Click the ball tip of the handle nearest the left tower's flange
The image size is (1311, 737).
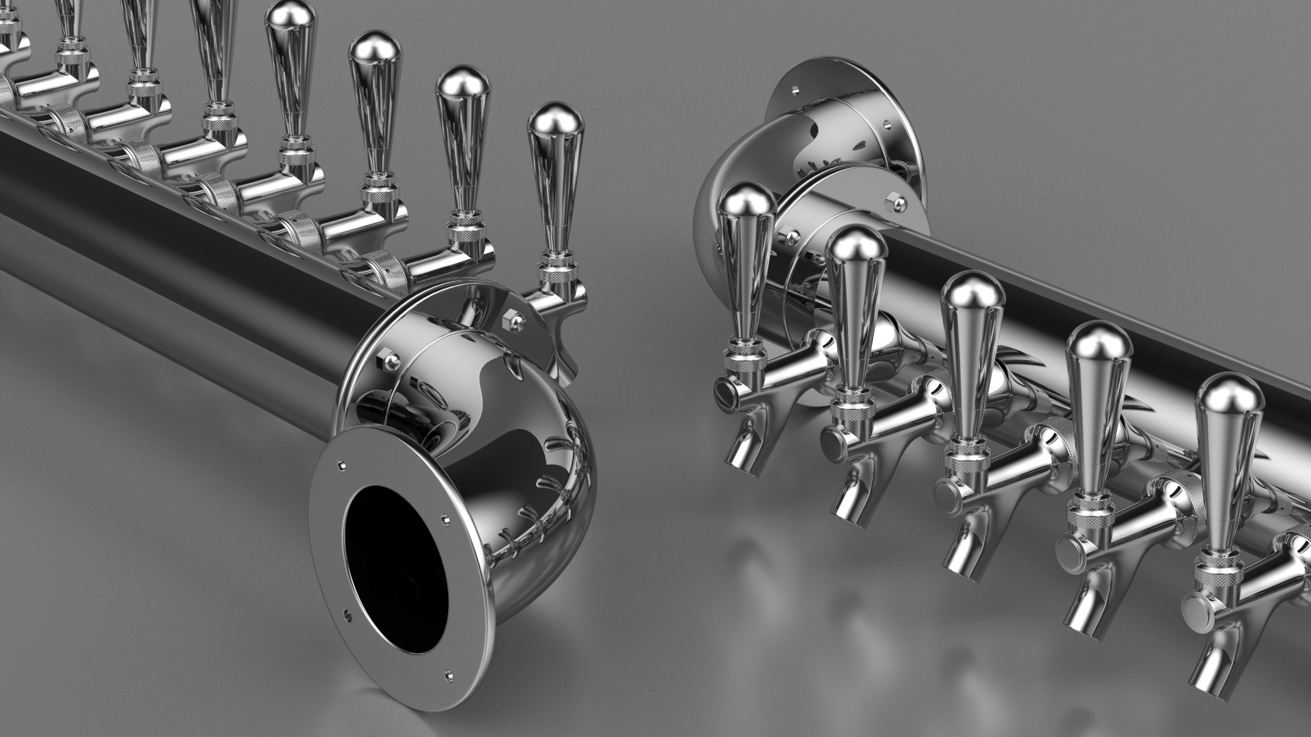coord(555,121)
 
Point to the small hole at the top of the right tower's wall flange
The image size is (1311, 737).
coord(795,88)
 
